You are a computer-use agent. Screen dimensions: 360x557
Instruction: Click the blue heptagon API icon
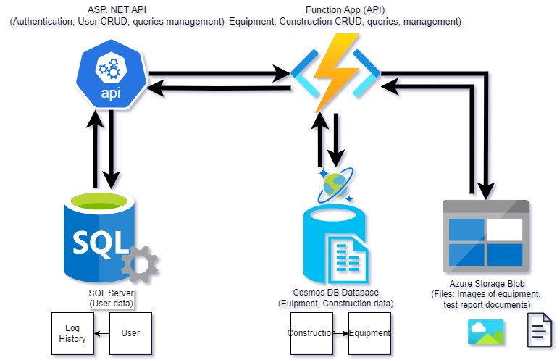pyautogui.click(x=110, y=73)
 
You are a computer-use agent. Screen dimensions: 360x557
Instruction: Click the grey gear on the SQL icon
pyautogui.click(x=140, y=263)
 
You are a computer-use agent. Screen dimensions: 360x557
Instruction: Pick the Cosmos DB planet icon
pyautogui.click(x=335, y=185)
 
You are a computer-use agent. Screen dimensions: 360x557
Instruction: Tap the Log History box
pyautogui.click(x=72, y=333)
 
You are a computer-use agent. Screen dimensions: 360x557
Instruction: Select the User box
pyautogui.click(x=130, y=333)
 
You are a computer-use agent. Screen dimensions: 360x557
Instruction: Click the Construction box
pyautogui.click(x=311, y=333)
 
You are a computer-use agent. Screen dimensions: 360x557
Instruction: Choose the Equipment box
pyautogui.click(x=369, y=333)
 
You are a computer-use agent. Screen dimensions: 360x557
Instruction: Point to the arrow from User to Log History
pyautogui.click(x=101, y=333)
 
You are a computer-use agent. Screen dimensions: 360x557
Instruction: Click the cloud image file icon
pyautogui.click(x=487, y=331)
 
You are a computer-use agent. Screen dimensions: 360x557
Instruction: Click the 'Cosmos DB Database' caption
pyautogui.click(x=336, y=293)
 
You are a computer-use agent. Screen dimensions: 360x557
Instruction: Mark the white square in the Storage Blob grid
pyautogui.click(x=504, y=229)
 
